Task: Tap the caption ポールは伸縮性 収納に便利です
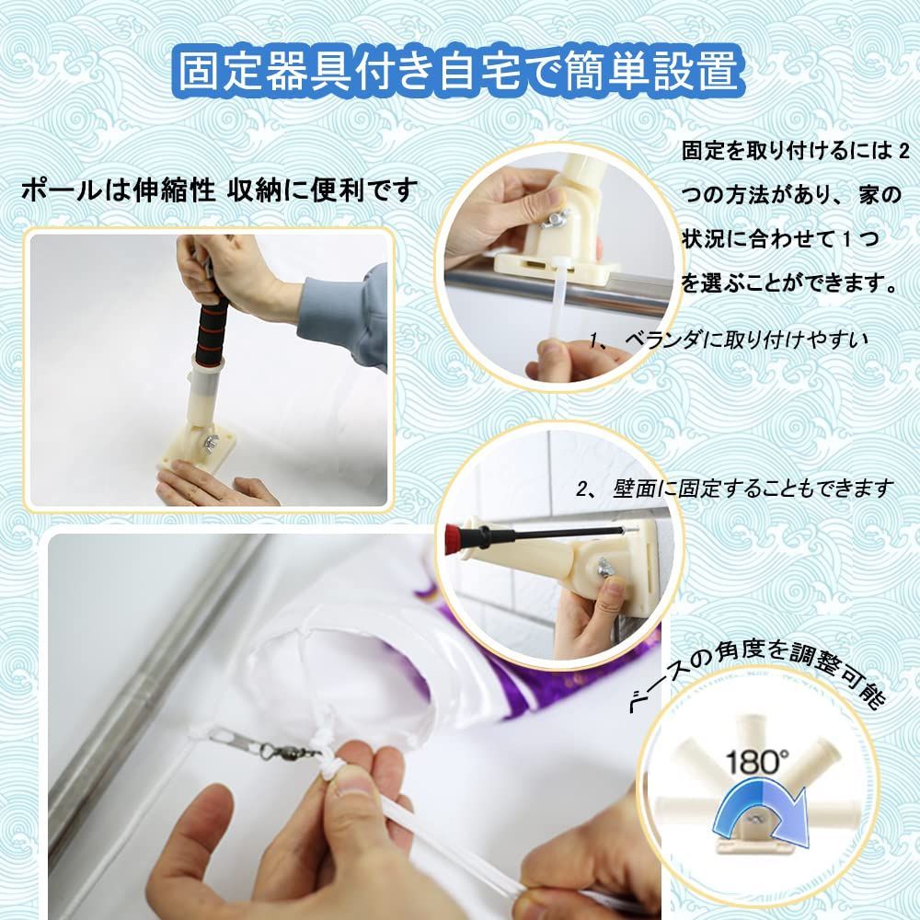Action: [220, 190]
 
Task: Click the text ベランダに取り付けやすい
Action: [730, 339]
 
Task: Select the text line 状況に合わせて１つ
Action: [780, 239]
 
